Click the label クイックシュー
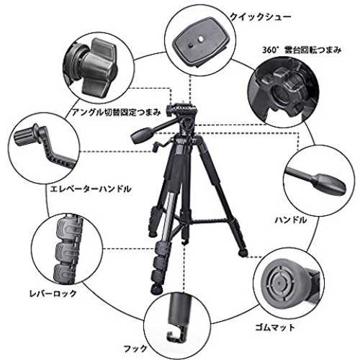pyautogui.click(x=261, y=17)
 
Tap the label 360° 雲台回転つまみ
pyautogui.click(x=302, y=50)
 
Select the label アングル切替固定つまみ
pyautogui.click(x=116, y=112)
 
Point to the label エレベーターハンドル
pyautogui.click(x=91, y=189)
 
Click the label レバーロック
pyautogui.click(x=53, y=293)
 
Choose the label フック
pyautogui.click(x=135, y=348)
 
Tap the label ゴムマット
pyautogui.click(x=275, y=327)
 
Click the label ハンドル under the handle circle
pyautogui.click(x=291, y=220)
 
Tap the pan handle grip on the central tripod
pyautogui.click(x=141, y=135)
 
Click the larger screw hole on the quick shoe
pyautogui.click(x=201, y=38)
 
